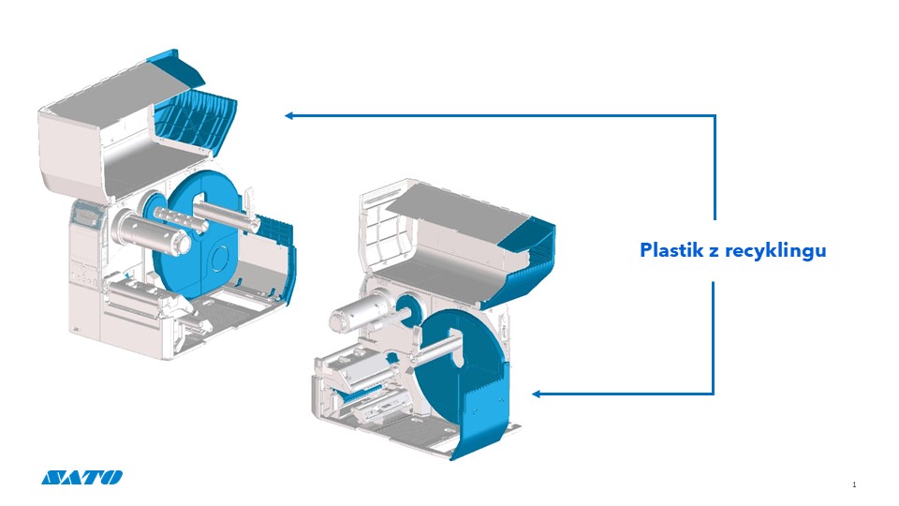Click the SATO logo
tap(81, 477)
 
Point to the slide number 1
tap(855, 484)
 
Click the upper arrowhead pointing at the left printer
tap(290, 115)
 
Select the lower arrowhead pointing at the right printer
tap(538, 394)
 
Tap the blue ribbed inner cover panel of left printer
tap(193, 121)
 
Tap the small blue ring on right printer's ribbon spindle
tap(407, 305)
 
